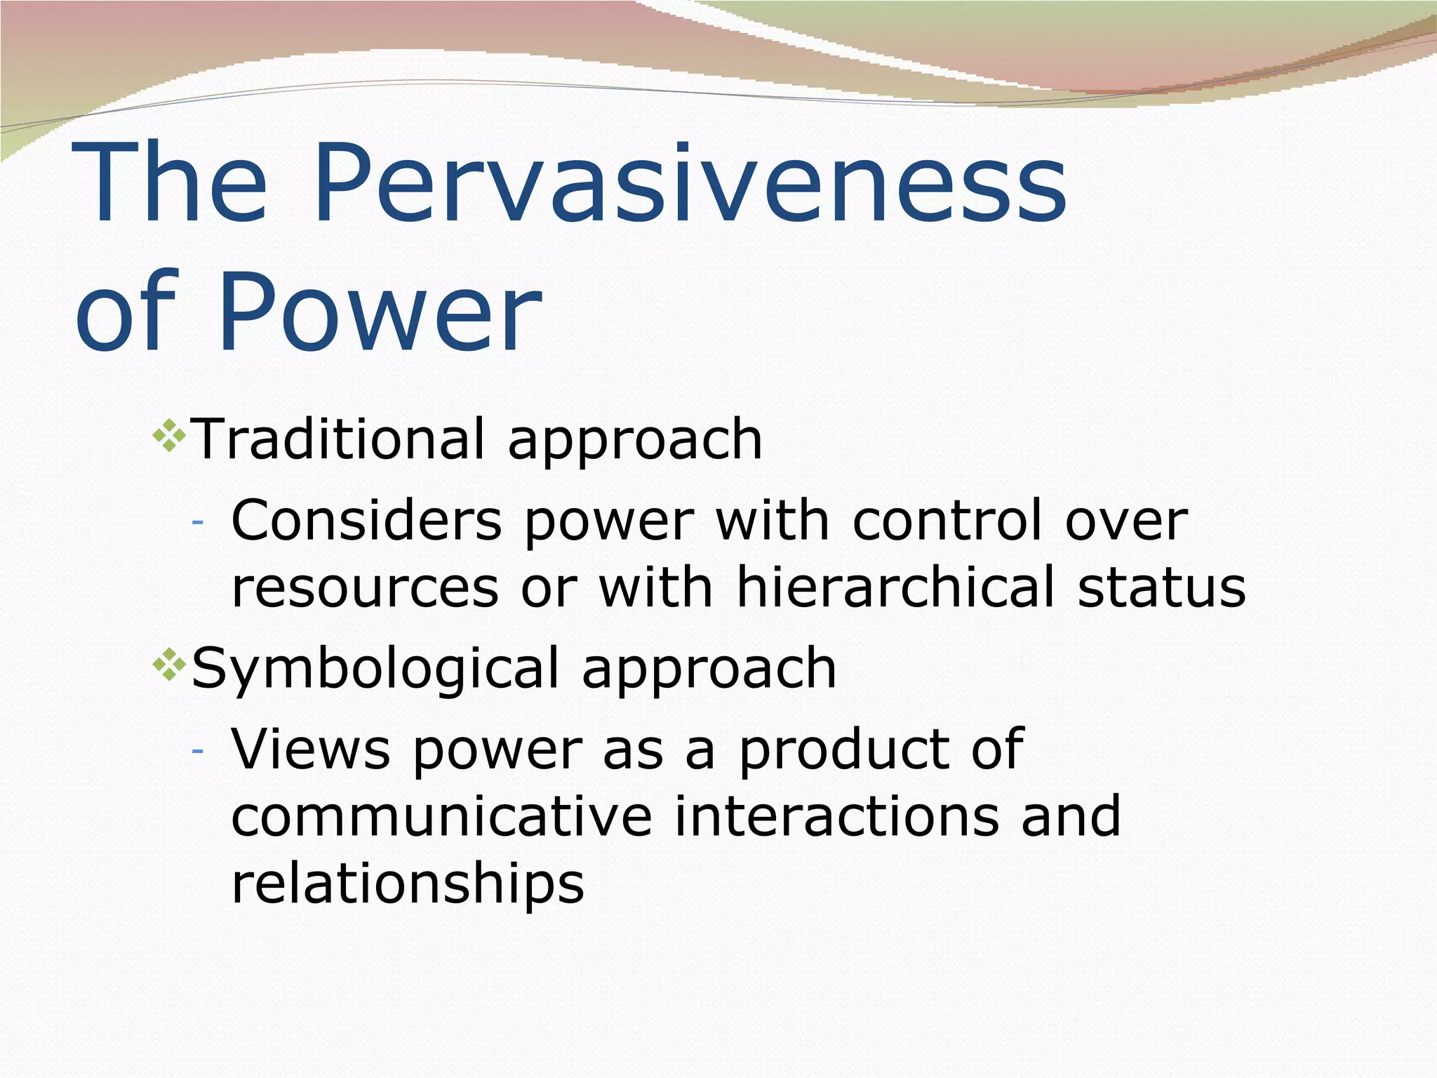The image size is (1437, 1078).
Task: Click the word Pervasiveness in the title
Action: point(689,184)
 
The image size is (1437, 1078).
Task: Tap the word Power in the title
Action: point(379,310)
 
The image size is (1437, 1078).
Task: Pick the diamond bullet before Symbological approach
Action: point(169,666)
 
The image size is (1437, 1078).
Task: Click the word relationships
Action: point(408,884)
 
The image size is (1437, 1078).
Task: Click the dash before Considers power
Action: point(198,522)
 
